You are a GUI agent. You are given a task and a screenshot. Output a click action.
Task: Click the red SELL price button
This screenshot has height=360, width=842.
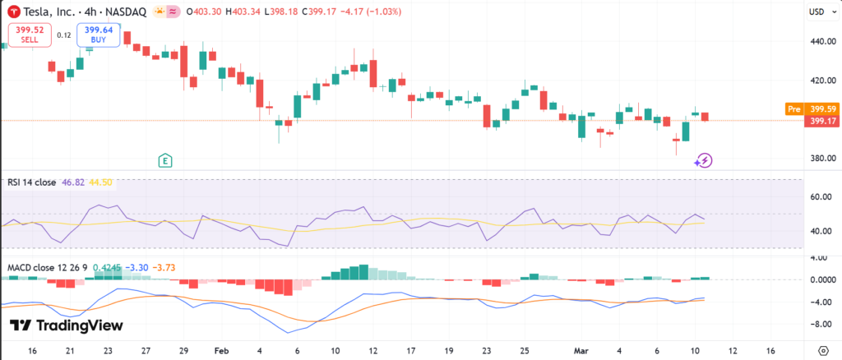pyautogui.click(x=30, y=35)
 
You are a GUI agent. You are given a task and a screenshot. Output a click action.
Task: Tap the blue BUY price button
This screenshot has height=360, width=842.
pyautogui.click(x=99, y=35)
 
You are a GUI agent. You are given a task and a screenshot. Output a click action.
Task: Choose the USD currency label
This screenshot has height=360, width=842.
pyautogui.click(x=817, y=12)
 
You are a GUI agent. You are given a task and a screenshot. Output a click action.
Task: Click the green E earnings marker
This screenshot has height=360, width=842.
pyautogui.click(x=166, y=159)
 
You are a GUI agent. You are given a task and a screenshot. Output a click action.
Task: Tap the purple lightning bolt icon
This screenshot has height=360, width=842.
pyautogui.click(x=704, y=160)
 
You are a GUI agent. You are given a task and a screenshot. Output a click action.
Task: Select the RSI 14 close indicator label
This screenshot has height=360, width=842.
pyautogui.click(x=31, y=182)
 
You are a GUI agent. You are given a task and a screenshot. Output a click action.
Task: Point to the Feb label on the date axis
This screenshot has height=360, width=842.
pyautogui.click(x=222, y=349)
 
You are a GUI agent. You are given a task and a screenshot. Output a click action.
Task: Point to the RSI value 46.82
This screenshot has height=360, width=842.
pyautogui.click(x=72, y=182)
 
